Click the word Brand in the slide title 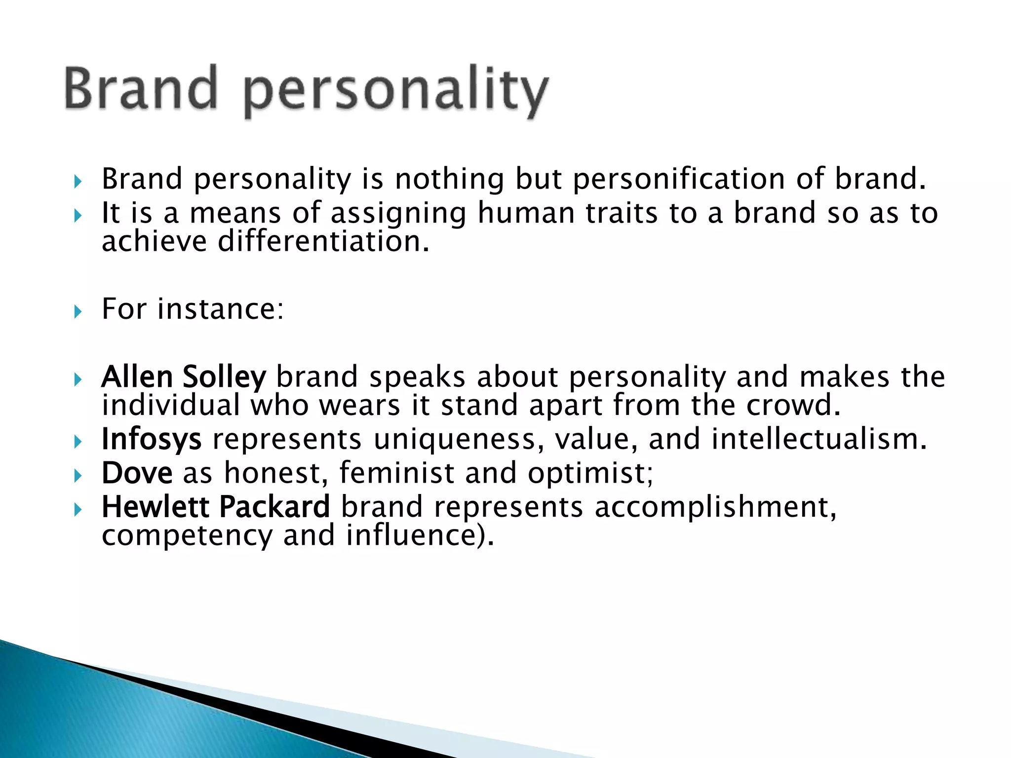click(141, 89)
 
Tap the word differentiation click(320, 242)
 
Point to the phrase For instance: click(193, 309)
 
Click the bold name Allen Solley click(184, 377)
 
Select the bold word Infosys click(152, 439)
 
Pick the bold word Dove click(137, 473)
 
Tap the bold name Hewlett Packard click(216, 507)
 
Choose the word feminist click(396, 473)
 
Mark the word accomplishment click(715, 507)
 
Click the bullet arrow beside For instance click(77, 312)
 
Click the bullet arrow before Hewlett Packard click(77, 510)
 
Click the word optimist click(590, 473)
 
